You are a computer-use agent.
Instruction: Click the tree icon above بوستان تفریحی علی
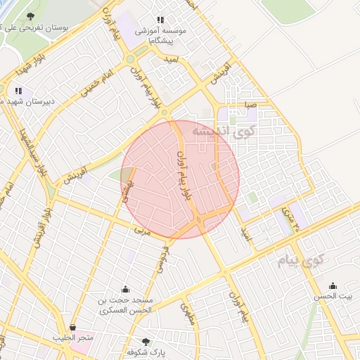[30, 16]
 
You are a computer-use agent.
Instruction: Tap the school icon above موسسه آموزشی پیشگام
[161, 20]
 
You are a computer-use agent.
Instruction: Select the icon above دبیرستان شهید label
[18, 91]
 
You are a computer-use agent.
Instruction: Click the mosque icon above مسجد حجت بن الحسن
[125, 289]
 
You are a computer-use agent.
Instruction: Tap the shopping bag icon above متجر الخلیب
[73, 327]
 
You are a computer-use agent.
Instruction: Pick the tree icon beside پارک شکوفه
[146, 341]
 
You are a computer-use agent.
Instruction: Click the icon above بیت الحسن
[333, 286]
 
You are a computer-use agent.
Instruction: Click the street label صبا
[250, 106]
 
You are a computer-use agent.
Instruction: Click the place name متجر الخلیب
[73, 338]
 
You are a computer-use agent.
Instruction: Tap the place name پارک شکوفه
[130, 351]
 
